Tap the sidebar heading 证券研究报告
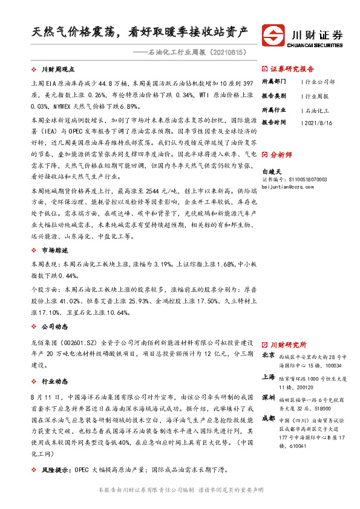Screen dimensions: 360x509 pyautogui.click(x=292, y=69)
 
